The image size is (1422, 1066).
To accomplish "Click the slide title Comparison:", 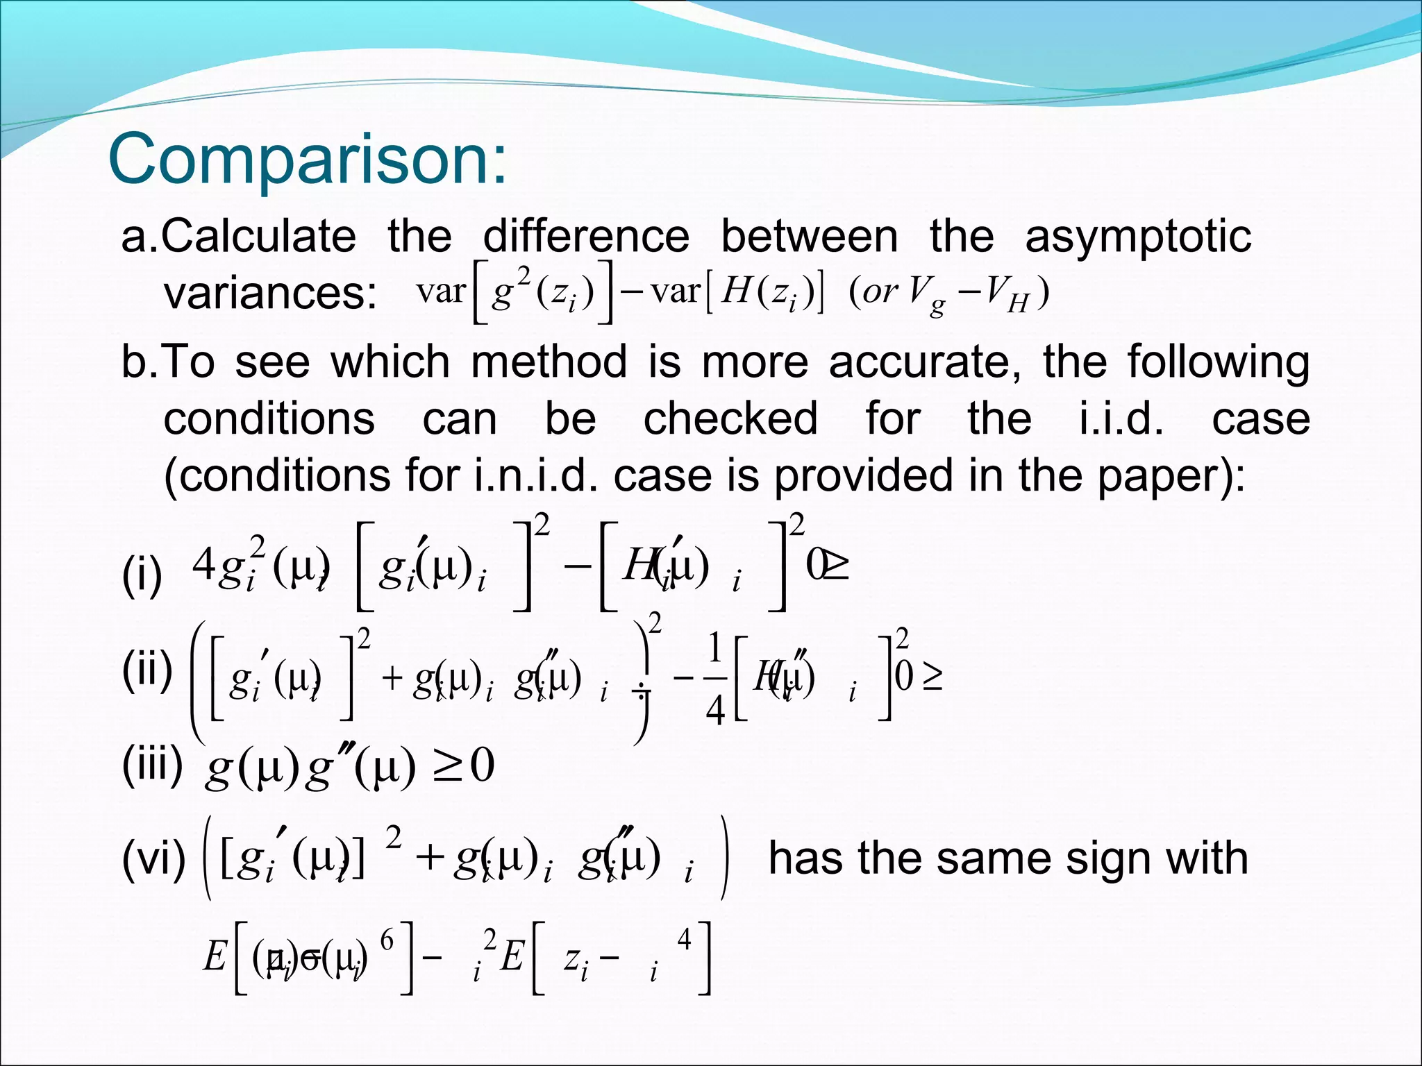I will (308, 160).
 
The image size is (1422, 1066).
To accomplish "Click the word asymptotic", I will (1138, 237).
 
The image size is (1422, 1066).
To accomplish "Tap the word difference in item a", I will (586, 237).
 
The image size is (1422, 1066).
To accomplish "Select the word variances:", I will (270, 293).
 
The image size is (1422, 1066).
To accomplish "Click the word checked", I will (730, 419).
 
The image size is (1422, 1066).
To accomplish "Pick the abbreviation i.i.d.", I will (1121, 419).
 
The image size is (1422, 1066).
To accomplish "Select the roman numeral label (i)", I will (142, 575).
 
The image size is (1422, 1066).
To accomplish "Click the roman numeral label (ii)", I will (147, 670).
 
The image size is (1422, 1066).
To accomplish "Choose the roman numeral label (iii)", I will (152, 765).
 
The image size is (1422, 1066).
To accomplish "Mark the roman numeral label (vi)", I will (153, 859).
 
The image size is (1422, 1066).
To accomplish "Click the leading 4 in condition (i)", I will (203, 566).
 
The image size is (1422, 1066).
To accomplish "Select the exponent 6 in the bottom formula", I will (387, 940).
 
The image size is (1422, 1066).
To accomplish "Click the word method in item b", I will (549, 362).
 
